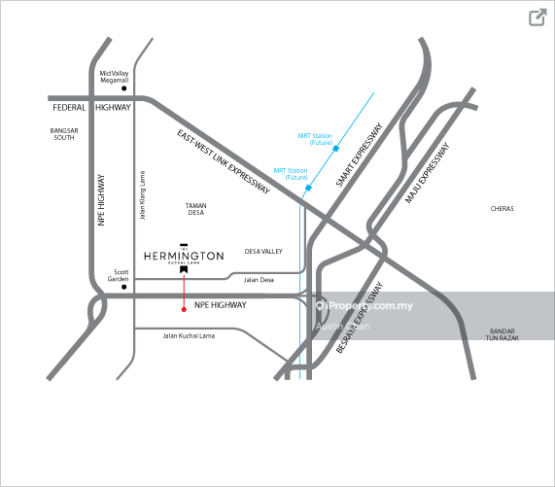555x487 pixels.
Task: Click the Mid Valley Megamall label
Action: tap(114, 77)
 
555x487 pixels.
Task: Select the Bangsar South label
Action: tap(63, 133)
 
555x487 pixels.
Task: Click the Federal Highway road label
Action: tap(89, 108)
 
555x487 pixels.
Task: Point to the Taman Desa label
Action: tap(196, 209)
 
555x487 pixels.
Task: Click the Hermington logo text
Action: tap(184, 256)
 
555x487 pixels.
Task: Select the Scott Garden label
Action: tap(118, 275)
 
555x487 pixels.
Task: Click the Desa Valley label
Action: tap(262, 251)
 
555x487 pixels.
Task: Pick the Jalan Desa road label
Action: tap(259, 280)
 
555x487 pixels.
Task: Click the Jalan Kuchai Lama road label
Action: tap(190, 334)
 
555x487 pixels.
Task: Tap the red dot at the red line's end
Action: tap(184, 309)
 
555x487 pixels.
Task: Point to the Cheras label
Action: tap(502, 209)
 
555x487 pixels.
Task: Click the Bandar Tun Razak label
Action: tap(502, 333)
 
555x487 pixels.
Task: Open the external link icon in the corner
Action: tap(537, 17)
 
